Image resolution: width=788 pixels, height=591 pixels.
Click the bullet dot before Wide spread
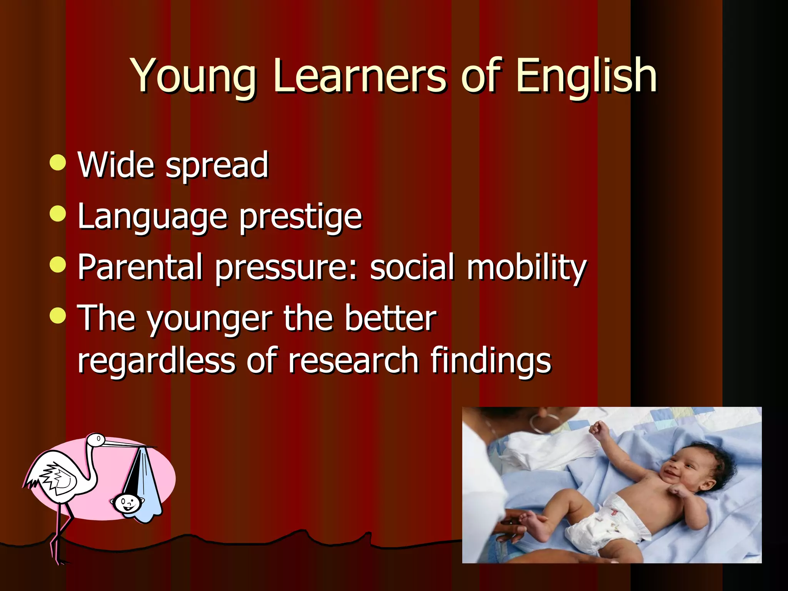coord(58,162)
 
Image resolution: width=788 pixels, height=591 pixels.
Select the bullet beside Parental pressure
coord(58,265)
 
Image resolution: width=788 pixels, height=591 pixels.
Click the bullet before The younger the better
coord(58,316)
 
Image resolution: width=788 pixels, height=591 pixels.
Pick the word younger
coord(209,319)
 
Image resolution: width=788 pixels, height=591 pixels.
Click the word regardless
coord(156,361)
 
